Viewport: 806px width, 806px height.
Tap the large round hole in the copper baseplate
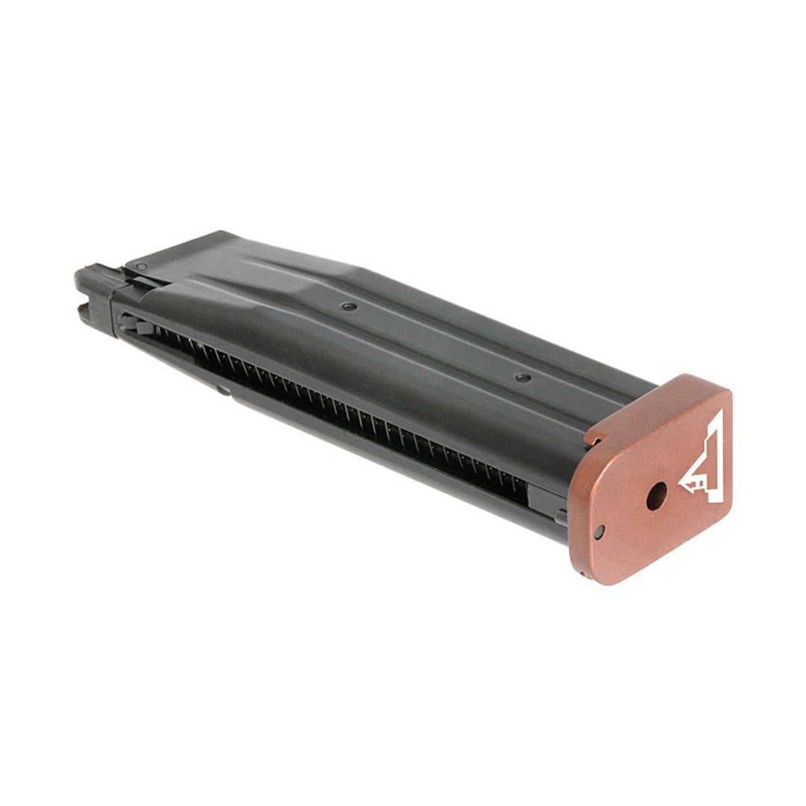pos(656,496)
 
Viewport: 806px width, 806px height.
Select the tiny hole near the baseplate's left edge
pos(599,531)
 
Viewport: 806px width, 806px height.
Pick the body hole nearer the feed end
pos(348,306)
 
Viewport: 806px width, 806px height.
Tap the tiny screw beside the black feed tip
pos(140,266)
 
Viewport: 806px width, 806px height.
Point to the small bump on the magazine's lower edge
pos(222,390)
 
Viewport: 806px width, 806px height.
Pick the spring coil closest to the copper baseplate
pos(518,485)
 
